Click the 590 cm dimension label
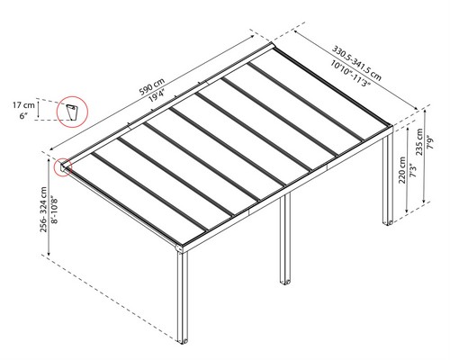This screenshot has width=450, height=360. (152, 86)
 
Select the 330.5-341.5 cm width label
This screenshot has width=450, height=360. (356, 63)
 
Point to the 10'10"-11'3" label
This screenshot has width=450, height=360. (351, 73)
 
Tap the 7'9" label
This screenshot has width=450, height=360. (430, 142)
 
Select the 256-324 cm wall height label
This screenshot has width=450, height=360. (43, 210)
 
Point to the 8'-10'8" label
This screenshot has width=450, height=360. (54, 210)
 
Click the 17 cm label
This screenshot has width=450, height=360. (23, 105)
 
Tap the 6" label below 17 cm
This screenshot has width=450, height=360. (23, 116)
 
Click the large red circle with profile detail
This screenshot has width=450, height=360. (72, 96)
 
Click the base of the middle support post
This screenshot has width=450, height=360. (285, 282)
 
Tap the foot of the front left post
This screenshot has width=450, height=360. (183, 341)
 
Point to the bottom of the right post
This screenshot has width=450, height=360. (388, 222)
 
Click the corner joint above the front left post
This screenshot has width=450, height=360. (179, 248)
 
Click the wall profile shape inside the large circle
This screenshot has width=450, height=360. (72, 112)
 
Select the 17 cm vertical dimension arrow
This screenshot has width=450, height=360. (38, 110)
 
